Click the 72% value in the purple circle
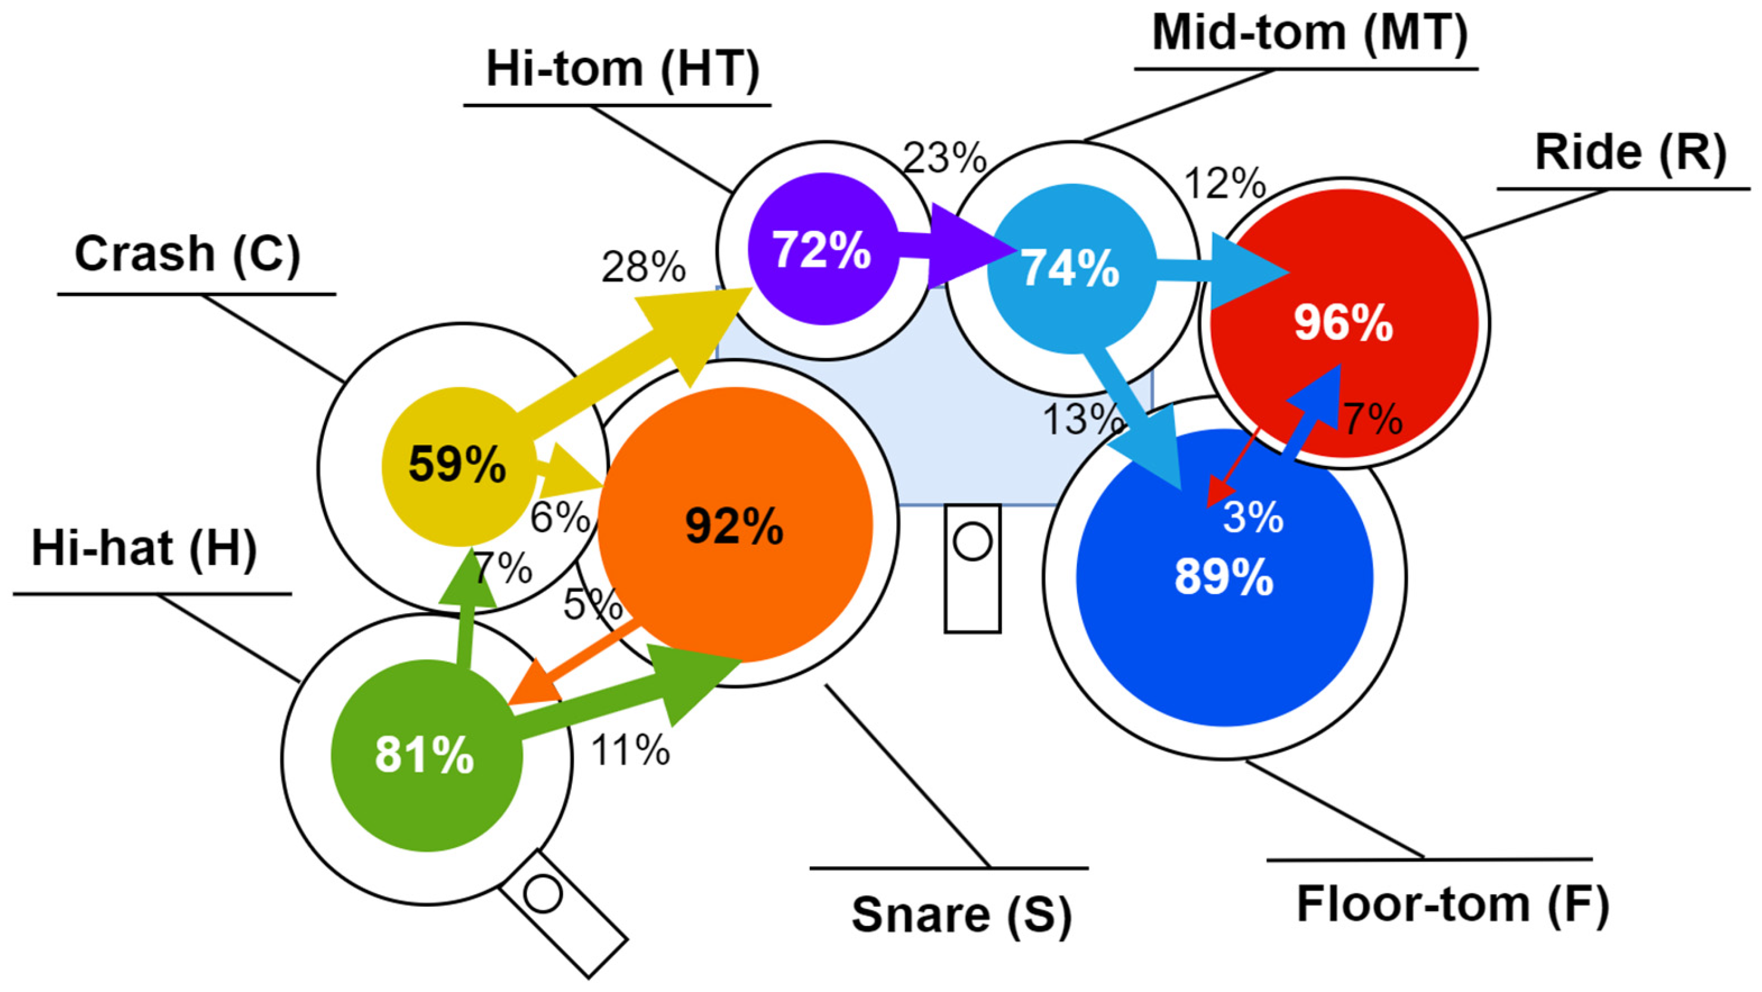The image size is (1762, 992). pos(822,251)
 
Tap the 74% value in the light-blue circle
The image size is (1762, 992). pos(1070,269)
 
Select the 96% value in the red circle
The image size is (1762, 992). pos(1343,323)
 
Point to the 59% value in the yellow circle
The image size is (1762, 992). pos(457,465)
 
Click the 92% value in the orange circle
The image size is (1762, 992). pos(734,526)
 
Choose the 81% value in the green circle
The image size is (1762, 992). pos(424,755)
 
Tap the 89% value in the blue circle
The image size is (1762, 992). pos(1224,577)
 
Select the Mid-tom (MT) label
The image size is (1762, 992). pos(1309,32)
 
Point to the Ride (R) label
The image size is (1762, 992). pos(1631,152)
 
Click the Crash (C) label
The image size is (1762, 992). pos(187,254)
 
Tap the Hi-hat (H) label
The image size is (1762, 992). pos(144,549)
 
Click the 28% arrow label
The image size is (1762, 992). pos(643,267)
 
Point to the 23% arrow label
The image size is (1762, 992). pos(945,159)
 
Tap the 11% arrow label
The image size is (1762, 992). pos(630,750)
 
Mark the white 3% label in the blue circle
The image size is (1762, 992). pos(1252,518)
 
